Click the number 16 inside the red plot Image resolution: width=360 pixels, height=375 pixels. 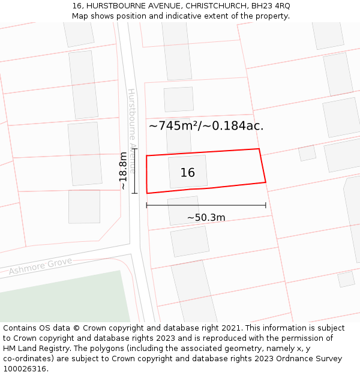point(188,173)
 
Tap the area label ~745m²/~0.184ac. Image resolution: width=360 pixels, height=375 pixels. point(206,126)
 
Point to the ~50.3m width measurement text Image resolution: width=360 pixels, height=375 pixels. point(206,217)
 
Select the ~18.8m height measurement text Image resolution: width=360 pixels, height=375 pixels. point(123,171)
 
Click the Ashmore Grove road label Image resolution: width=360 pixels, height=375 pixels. point(40,266)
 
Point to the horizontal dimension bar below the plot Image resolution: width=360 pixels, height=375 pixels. point(206,205)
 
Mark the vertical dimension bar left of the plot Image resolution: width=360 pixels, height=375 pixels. point(134,171)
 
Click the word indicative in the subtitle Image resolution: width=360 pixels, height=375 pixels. point(193,16)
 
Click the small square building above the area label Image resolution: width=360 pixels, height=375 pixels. point(179,100)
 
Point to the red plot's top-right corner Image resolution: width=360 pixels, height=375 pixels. point(259,149)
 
